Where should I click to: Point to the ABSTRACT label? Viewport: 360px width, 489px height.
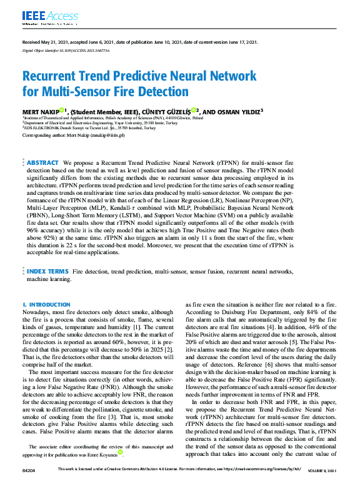coord(43,162)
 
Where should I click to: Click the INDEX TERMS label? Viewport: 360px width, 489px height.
coord(47,272)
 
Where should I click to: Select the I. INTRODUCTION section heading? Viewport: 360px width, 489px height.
coord(46,305)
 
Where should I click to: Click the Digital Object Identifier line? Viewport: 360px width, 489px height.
coord(66,49)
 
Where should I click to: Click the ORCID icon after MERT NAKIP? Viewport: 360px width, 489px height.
coord(62,111)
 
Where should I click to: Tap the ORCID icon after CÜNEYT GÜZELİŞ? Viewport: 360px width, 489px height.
coord(194,111)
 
